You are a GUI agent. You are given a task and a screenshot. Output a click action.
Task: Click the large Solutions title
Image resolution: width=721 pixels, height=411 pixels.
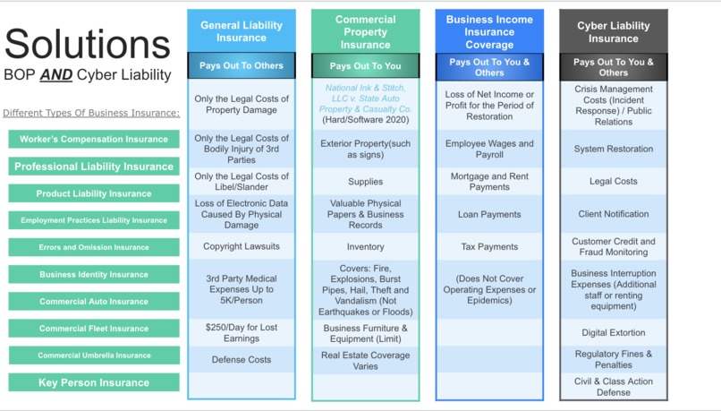point(88,45)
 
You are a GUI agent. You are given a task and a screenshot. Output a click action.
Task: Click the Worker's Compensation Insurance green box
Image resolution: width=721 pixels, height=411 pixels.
point(94,139)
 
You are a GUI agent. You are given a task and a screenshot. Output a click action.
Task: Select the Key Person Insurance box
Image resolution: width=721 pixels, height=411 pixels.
point(94,382)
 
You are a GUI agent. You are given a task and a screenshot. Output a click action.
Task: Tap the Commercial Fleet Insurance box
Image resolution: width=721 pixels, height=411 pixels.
point(94,329)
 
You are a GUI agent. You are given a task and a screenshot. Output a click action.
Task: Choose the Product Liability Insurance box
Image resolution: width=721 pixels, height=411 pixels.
point(94,193)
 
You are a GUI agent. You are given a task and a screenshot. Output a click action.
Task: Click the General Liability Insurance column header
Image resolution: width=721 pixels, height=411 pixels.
point(242,31)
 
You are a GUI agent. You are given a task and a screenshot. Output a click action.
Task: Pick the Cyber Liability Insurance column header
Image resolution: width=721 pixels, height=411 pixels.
point(614,32)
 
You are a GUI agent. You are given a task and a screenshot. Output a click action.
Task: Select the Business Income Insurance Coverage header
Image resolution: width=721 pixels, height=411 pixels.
point(489,31)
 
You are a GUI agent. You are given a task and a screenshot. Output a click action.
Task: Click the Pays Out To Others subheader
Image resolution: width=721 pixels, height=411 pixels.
point(242,65)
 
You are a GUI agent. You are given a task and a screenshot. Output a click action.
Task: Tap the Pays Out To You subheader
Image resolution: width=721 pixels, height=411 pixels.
point(365,65)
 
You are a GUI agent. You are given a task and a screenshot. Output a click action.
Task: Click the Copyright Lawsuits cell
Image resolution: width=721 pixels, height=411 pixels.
point(242,246)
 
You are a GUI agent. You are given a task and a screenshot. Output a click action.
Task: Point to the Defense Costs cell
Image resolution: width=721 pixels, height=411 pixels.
point(242,360)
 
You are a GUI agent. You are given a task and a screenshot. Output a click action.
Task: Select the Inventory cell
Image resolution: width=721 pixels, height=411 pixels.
point(365,246)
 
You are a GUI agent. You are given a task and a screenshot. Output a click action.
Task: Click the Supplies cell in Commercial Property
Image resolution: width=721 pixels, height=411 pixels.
point(365,182)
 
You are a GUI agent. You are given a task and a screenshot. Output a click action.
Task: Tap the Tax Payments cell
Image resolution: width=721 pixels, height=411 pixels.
point(489,246)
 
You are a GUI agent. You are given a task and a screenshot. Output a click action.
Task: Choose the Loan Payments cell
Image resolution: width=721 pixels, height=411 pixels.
point(489,214)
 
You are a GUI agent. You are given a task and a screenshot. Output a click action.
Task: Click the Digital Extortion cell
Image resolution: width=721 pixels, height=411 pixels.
point(614,332)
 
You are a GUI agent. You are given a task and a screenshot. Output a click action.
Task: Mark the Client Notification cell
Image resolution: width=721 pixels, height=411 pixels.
point(614,214)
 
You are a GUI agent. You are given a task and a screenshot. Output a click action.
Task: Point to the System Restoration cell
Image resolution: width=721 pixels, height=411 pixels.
point(614,149)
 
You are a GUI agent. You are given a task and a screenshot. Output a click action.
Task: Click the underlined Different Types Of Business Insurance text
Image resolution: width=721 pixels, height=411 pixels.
point(91,113)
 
